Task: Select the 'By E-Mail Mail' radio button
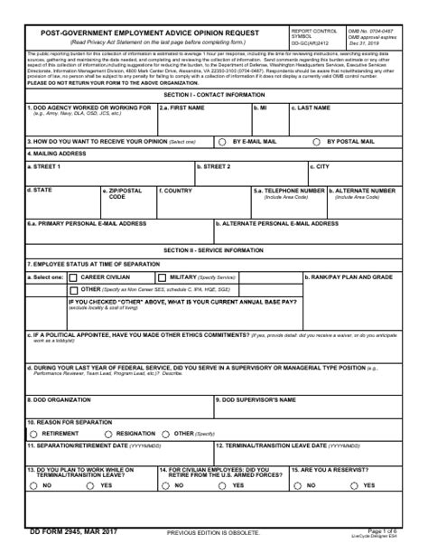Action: pos(223,142)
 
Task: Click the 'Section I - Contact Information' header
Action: pos(214,94)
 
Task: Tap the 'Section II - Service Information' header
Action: pos(214,250)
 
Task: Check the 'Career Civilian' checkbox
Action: pos(74,277)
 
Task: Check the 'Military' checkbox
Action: pos(163,277)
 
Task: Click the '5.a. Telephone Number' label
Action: pos(289,191)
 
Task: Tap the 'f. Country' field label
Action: pos(175,191)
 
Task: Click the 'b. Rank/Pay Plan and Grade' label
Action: pos(350,276)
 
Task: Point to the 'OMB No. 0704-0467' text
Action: pos(370,30)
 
